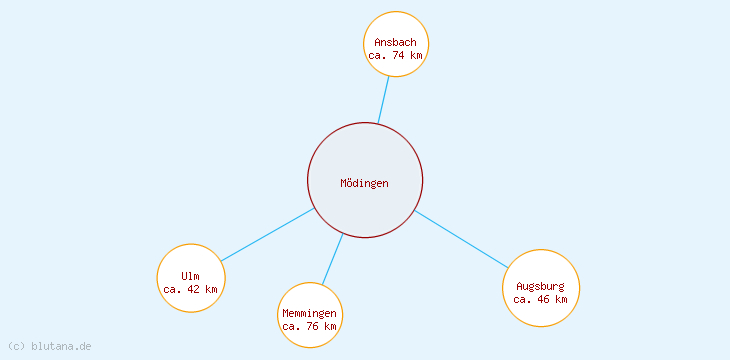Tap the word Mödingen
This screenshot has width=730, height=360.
point(365,183)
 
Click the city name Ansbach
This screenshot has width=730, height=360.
point(395,42)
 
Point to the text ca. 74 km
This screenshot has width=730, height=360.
point(396,56)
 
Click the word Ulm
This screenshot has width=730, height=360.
point(190,276)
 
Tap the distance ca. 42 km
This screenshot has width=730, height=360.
point(190,289)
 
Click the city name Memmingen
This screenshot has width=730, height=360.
point(310,314)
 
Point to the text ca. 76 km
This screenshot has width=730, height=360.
point(310,326)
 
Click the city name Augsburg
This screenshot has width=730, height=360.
point(541,286)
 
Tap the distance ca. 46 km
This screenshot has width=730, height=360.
point(541,299)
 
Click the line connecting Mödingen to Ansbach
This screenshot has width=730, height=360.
point(383,100)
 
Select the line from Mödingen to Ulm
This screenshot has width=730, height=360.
point(268,235)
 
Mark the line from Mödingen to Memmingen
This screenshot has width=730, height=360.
point(332,258)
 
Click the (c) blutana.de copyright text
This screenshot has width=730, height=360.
point(49,346)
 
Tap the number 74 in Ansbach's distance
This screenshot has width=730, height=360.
point(399,56)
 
